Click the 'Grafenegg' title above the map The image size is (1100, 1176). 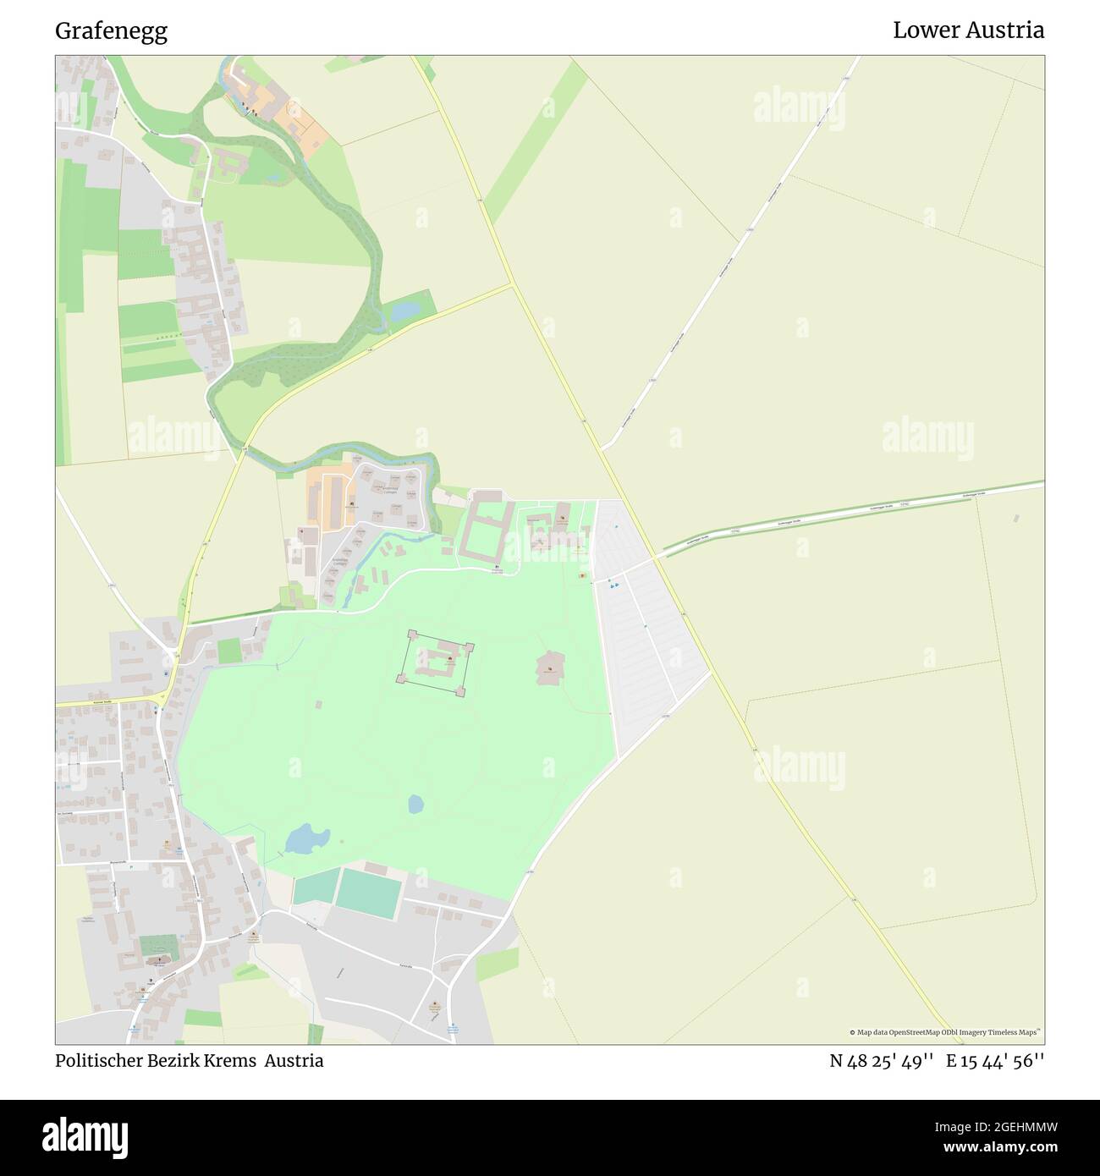pos(111,31)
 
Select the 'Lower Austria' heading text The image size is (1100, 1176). pos(968,30)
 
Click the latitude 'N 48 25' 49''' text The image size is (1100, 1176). pos(881,1061)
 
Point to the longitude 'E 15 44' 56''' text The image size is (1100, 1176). pos(995,1061)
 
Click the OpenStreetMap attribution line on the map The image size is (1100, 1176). pos(947,1032)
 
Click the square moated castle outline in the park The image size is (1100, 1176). pos(435,662)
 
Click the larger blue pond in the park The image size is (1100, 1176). pos(305,839)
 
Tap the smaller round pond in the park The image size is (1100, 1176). pos(415,804)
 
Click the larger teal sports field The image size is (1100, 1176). pos(368,893)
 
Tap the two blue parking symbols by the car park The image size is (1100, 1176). pos(613,584)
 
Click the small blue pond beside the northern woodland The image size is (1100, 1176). pos(404,311)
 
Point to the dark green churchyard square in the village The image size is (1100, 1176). pos(159,946)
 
